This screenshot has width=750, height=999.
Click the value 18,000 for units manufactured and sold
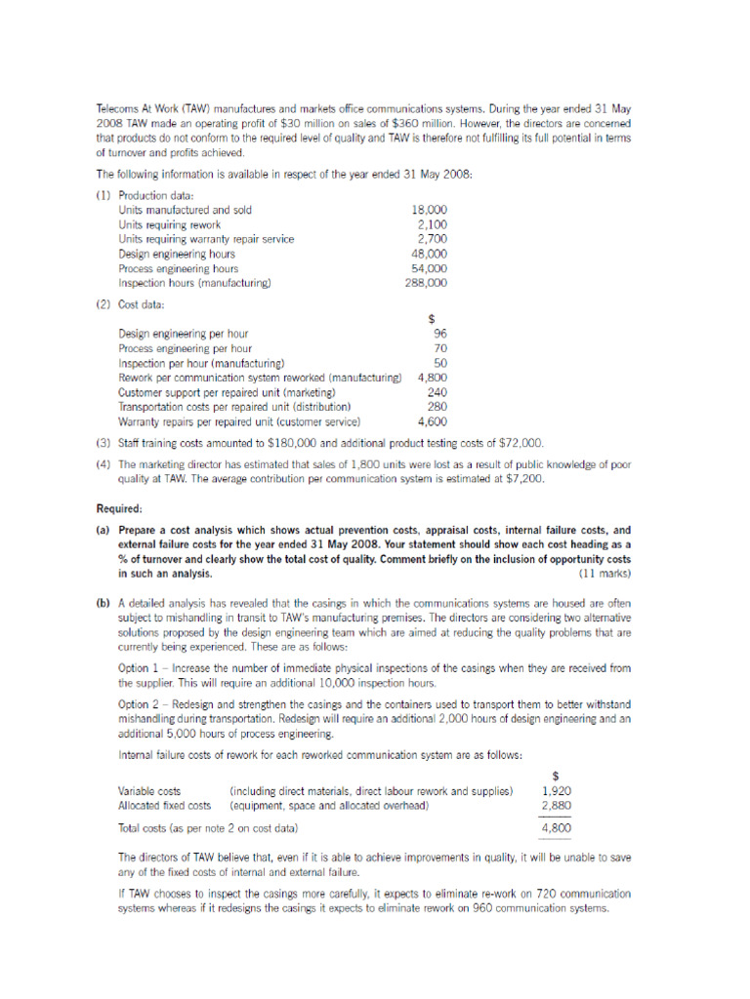point(429,209)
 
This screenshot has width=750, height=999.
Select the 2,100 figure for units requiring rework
point(432,224)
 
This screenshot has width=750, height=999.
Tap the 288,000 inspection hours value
point(426,283)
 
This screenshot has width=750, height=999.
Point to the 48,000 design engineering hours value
point(429,254)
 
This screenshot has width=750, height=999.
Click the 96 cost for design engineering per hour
point(439,333)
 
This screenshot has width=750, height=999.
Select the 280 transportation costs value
point(437,407)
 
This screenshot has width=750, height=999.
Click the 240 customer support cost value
point(437,392)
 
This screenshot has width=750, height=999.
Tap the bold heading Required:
point(119,508)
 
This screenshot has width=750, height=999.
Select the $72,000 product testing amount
point(520,442)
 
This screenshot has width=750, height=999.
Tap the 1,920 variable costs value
point(556,791)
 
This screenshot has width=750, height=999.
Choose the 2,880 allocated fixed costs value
point(556,806)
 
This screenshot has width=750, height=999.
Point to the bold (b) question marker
point(103,605)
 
